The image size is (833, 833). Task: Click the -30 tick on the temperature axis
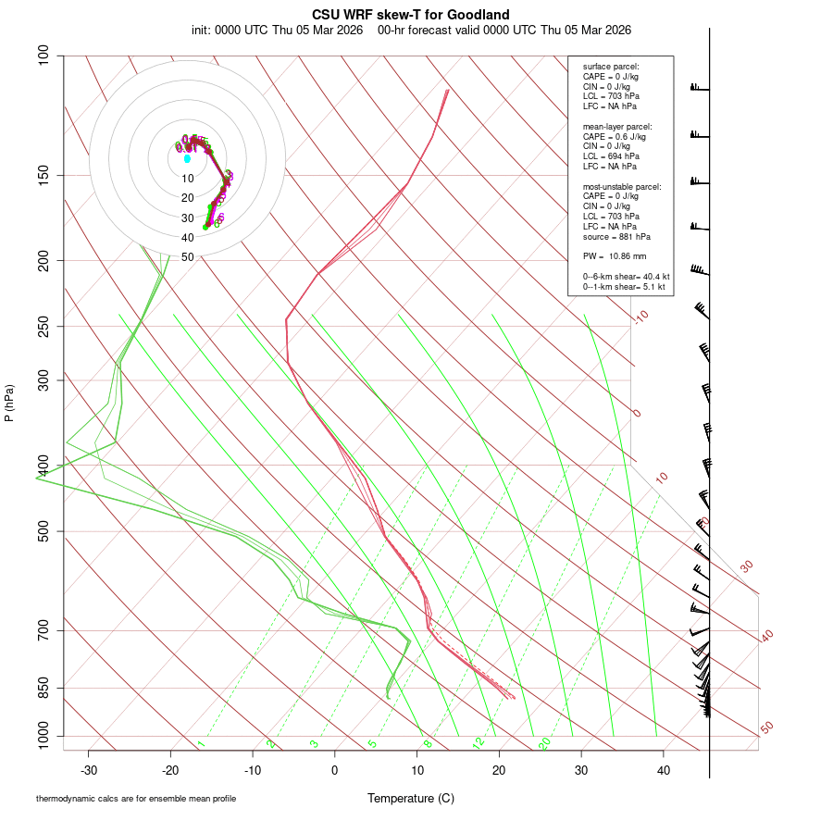coord(89,770)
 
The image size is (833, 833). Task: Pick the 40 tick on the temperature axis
coord(664,770)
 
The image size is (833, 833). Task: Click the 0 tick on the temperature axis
coord(335,770)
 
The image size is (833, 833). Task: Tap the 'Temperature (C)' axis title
coord(411,798)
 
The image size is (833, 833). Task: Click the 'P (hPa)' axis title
coord(9,403)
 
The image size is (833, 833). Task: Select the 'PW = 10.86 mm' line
coord(615,256)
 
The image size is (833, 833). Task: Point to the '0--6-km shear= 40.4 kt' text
coord(626,277)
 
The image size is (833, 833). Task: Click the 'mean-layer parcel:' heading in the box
coord(617,126)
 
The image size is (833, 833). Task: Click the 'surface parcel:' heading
coord(611,67)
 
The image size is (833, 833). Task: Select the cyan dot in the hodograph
coord(187,158)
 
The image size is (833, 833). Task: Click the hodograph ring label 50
coord(188,257)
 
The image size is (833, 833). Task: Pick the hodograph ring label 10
coord(188,179)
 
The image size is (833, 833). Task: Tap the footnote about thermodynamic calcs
coord(136,798)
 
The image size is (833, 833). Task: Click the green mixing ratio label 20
coord(545,742)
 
